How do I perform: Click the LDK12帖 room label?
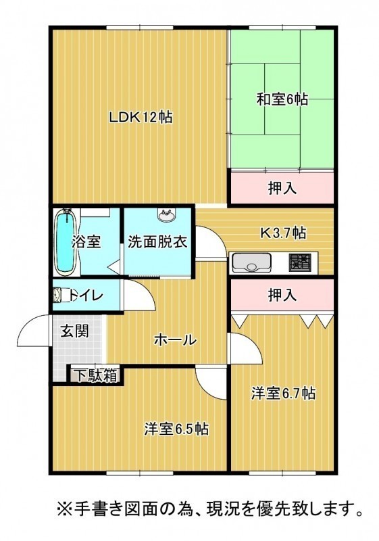point(141,118)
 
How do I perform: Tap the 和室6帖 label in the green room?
point(282,99)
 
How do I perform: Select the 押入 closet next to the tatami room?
point(282,187)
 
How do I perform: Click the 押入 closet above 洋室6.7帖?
point(282,295)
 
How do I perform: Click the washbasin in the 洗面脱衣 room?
point(166,216)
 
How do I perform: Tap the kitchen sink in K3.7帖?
point(251,263)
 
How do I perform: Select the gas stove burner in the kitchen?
point(300,262)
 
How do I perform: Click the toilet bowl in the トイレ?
point(61,296)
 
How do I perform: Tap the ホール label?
point(175,340)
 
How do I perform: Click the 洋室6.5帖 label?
point(176,429)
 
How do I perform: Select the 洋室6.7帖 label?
point(283,393)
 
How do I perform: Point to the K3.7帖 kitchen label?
point(282,233)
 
